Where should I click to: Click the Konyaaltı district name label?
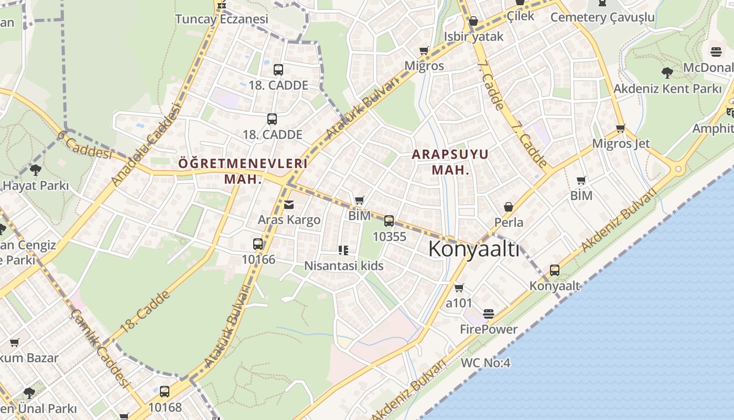(x=474, y=249)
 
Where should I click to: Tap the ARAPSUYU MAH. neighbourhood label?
(x=450, y=162)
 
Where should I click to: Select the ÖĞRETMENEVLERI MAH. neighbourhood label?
(x=243, y=171)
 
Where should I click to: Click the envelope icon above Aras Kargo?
(x=289, y=204)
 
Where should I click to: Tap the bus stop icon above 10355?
(x=389, y=221)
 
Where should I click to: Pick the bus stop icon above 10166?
(x=258, y=244)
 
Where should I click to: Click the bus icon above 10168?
(x=165, y=392)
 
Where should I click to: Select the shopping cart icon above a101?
(x=459, y=288)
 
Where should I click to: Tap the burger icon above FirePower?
(x=489, y=314)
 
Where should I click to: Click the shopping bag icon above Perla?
(x=508, y=207)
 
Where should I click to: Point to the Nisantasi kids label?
(x=344, y=266)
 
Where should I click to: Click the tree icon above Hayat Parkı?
(x=36, y=170)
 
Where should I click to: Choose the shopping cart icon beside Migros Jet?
(x=621, y=129)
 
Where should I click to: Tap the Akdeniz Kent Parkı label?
(x=667, y=89)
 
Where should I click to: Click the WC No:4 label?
(x=485, y=363)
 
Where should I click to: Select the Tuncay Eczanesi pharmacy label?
(x=222, y=19)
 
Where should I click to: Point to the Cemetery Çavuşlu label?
(x=602, y=17)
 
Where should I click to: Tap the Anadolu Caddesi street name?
(x=146, y=145)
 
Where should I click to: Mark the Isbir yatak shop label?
(x=473, y=36)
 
